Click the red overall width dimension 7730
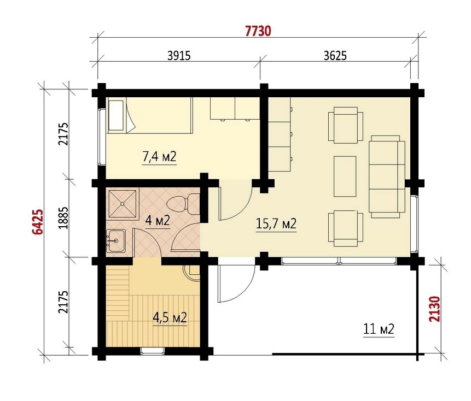point(258,31)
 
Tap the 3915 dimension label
point(179,56)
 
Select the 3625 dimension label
point(335,56)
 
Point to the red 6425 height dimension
point(38,222)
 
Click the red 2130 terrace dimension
point(434,309)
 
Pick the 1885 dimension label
point(63,218)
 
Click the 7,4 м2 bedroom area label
point(159,157)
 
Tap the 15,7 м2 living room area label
point(276,223)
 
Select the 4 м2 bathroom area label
point(158,221)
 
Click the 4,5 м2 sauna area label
point(170,317)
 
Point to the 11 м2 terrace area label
point(379,329)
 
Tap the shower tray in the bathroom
point(123,204)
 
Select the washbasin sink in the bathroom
point(115,241)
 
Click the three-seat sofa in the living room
point(387,176)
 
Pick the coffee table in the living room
point(345,176)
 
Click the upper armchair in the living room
point(345,125)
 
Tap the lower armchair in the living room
point(345,228)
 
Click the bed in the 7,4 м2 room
point(149,115)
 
